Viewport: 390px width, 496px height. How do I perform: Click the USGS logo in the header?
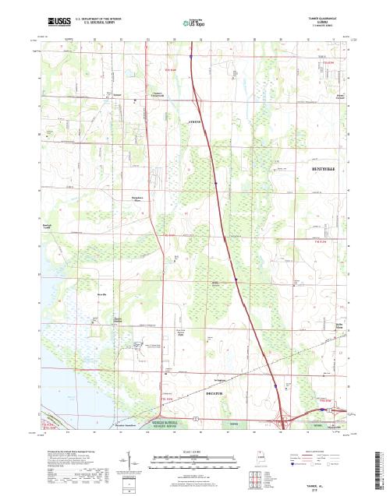[x=58, y=19]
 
